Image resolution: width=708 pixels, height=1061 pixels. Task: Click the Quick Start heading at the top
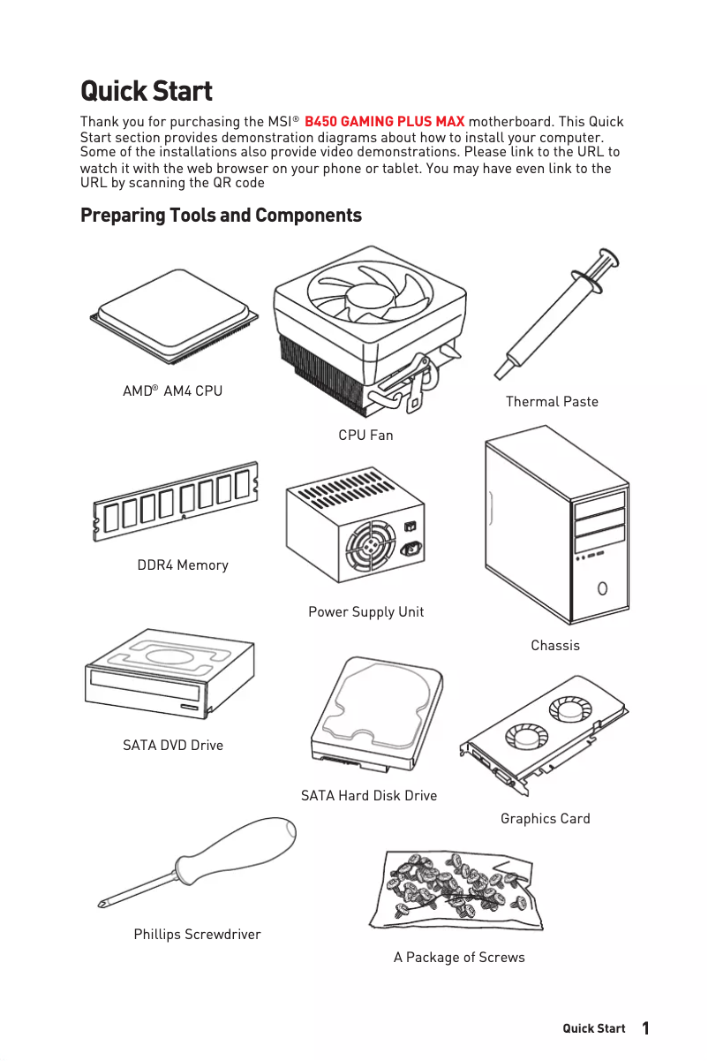[146, 91]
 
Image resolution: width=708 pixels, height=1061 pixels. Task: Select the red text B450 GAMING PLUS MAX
[384, 121]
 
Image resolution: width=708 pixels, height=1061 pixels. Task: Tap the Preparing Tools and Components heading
[221, 216]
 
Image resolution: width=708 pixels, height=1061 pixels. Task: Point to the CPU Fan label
[365, 435]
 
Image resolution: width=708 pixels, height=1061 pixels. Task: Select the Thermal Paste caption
[552, 401]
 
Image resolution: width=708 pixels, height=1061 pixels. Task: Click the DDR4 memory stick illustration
[176, 501]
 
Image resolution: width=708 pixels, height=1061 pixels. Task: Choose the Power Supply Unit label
[365, 611]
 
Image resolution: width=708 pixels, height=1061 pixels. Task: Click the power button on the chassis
[602, 587]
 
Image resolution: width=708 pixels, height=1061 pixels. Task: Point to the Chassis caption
[555, 645]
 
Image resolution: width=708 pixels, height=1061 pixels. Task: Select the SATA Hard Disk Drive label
[368, 795]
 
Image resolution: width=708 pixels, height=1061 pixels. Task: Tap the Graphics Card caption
[545, 818]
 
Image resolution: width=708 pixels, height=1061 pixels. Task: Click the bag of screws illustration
[457, 889]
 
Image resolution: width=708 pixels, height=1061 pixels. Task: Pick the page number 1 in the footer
[645, 1028]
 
